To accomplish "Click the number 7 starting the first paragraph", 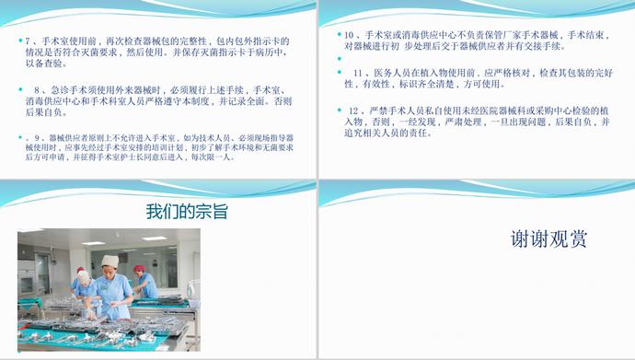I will click(29, 41).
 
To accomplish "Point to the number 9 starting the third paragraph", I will click(29, 136).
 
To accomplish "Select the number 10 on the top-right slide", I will click(349, 35).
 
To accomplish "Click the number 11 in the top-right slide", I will click(357, 72).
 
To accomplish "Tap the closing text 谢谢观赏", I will click(548, 240).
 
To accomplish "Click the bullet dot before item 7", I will click(19, 41).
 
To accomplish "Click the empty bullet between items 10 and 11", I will click(339, 58).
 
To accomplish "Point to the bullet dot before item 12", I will click(339, 110).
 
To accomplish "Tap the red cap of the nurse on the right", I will click(139, 269).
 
